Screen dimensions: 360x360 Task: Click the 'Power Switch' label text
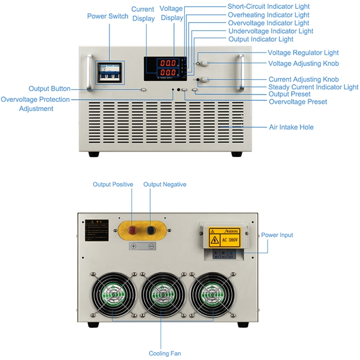coord(107,16)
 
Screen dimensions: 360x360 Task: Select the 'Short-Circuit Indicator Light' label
coord(268,7)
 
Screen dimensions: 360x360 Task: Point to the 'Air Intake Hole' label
coord(291,127)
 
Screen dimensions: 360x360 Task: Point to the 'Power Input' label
coord(277,235)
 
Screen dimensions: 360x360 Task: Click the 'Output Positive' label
coord(113,184)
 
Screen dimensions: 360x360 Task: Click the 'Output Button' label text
coord(49,89)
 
